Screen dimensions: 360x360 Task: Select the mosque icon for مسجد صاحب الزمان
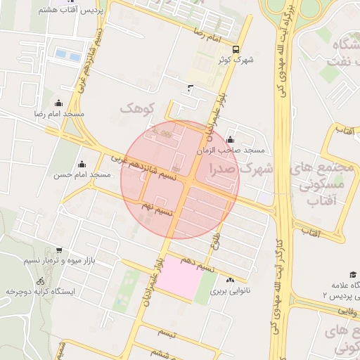pos(231,140)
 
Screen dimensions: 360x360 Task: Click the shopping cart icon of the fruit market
pos(58,250)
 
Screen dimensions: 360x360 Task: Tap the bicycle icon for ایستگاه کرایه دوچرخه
pos(40,281)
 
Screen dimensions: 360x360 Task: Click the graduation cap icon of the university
pos(352,274)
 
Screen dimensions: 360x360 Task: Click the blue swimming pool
pos(68,54)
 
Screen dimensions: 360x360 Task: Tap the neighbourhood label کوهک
pos(136,108)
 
